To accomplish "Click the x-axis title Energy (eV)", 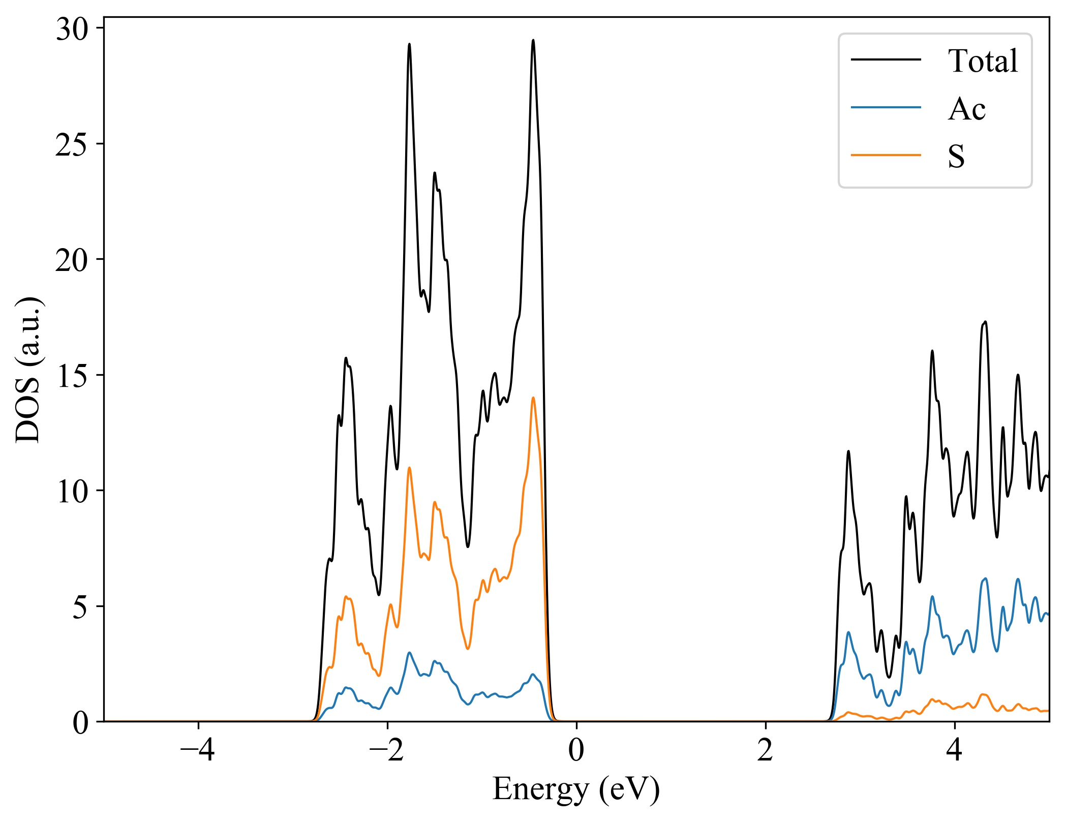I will (x=576, y=790).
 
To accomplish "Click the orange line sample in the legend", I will (x=886, y=155).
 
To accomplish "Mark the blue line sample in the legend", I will (x=886, y=107).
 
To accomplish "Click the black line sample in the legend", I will (x=886, y=59).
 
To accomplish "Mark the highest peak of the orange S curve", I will (x=533, y=398).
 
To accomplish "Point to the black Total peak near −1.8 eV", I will (x=409, y=45).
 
